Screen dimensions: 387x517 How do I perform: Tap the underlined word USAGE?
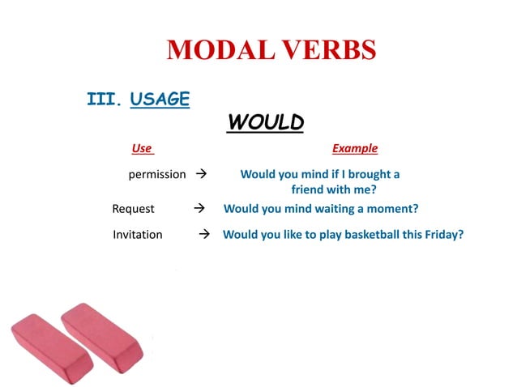pos(160,100)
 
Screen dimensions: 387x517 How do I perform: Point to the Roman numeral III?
pos(104,100)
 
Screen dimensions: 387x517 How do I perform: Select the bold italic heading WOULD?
pos(265,122)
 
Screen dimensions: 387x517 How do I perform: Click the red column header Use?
pos(142,149)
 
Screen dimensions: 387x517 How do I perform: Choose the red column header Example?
pos(354,149)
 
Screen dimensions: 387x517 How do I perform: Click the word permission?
pos(157,174)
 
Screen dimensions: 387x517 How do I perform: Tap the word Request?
pos(133,209)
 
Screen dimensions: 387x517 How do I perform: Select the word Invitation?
pos(137,235)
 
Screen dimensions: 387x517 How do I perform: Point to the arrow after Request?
pos(199,209)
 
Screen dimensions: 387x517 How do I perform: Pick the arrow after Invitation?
pos(204,235)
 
